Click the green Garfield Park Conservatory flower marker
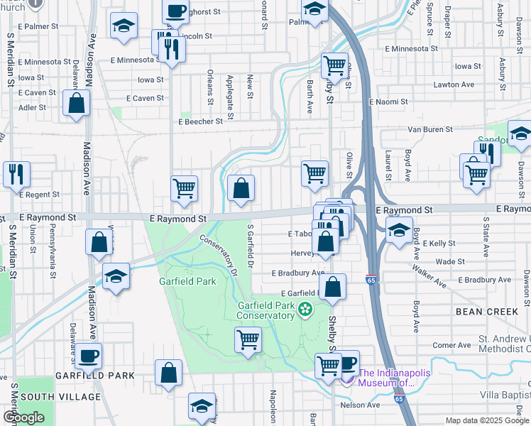pyautogui.click(x=306, y=310)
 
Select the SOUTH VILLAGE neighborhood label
pyautogui.click(x=48, y=396)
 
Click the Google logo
pyautogui.click(x=23, y=417)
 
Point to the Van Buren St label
pyautogui.click(x=430, y=130)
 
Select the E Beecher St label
pyautogui.click(x=200, y=121)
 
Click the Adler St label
pyautogui.click(x=32, y=108)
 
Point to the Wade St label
pyautogui.click(x=450, y=261)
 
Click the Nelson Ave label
pyautogui.click(x=361, y=405)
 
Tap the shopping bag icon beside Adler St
pyautogui.click(x=76, y=103)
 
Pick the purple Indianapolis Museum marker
pyautogui.click(x=346, y=376)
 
